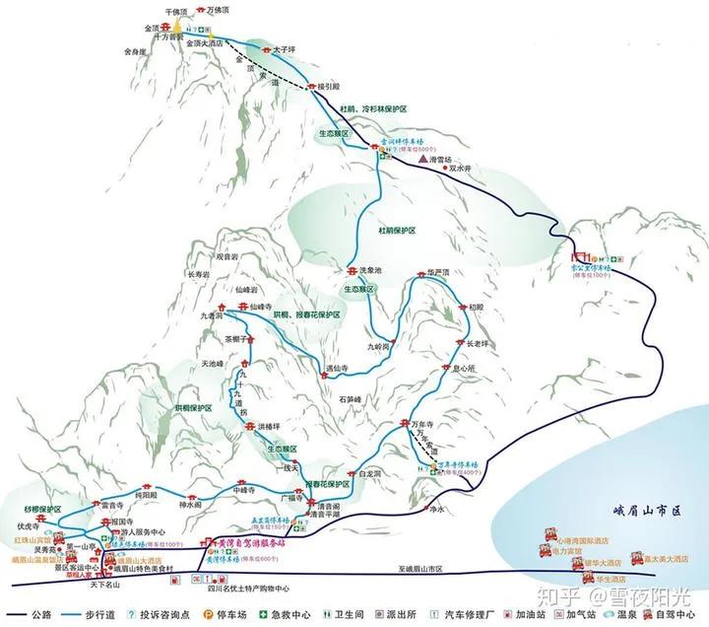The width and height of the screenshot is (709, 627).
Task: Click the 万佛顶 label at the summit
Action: point(225,9)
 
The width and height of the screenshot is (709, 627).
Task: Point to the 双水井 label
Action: point(462,168)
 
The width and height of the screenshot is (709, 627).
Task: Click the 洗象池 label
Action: point(370,270)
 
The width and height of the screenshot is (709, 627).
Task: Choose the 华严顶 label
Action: point(439,271)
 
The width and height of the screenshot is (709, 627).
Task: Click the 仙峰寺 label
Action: point(260,308)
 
